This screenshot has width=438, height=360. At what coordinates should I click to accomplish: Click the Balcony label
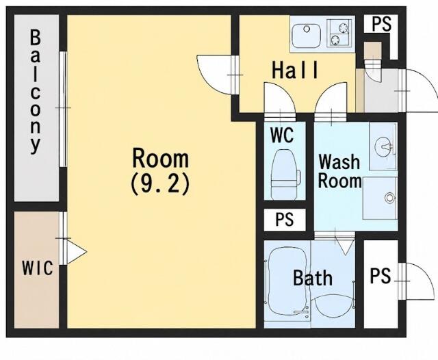36,92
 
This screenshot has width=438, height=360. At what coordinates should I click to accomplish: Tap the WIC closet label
38,268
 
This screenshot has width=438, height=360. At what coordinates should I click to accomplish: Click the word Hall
295,70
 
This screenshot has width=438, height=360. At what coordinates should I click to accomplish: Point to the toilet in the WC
285,174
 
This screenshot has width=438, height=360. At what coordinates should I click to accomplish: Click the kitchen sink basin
306,36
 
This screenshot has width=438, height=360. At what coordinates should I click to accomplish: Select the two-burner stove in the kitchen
339,32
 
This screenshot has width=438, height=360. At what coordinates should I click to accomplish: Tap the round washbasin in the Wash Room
384,146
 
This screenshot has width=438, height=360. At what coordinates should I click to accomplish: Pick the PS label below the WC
285,219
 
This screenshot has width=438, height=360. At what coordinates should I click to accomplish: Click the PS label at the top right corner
381,24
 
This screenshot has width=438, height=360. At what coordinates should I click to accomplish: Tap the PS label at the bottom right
381,276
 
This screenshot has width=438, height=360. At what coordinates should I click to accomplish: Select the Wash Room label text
339,171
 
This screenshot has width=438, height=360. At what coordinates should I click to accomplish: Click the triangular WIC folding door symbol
76,252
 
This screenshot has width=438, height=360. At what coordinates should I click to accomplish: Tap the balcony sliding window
63,110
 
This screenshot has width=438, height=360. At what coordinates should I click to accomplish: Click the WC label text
282,135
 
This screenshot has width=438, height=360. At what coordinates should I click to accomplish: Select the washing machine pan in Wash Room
381,198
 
